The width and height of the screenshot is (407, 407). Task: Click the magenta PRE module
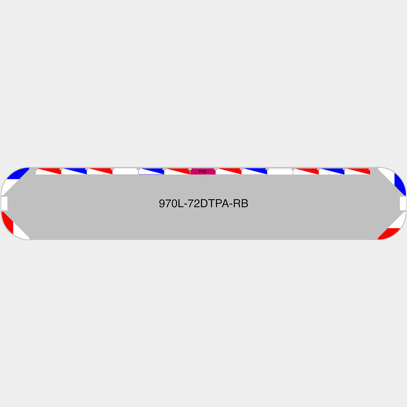(203, 171)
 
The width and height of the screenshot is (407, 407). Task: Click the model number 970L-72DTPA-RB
(203, 203)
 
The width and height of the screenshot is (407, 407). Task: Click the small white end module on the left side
(4, 203)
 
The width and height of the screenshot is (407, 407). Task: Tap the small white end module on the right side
(403, 203)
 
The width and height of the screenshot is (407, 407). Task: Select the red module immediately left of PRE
(177, 171)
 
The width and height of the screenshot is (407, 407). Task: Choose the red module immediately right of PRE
(229, 171)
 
